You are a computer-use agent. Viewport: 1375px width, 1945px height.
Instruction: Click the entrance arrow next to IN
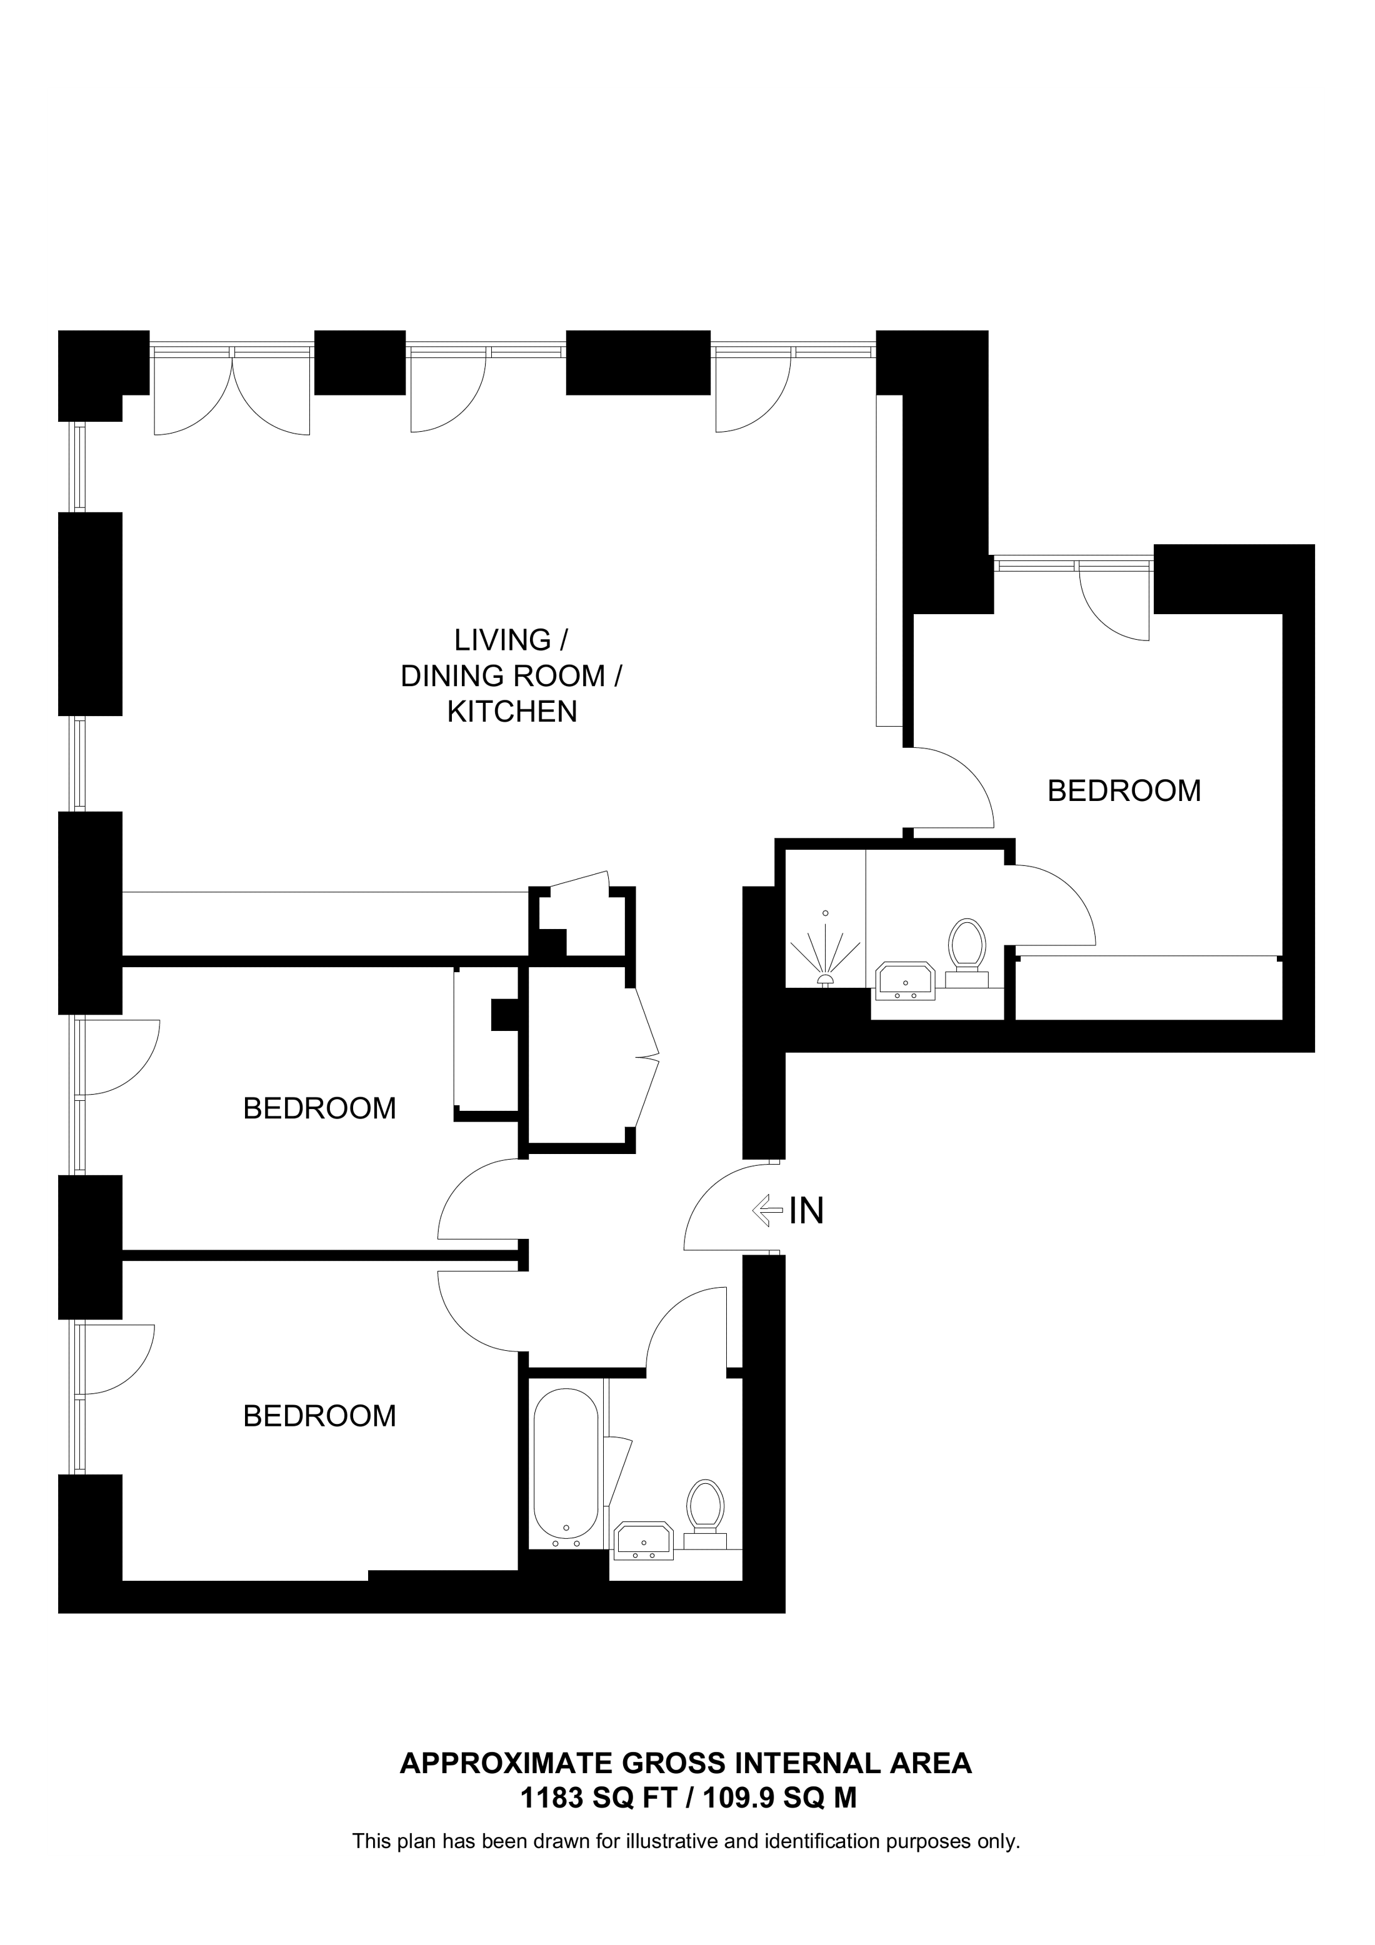pos(767,1210)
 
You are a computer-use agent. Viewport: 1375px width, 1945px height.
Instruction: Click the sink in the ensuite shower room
pos(906,980)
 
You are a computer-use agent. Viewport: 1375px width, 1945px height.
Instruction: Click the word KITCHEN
pos(512,712)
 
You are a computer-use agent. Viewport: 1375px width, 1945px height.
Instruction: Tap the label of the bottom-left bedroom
pos(319,1416)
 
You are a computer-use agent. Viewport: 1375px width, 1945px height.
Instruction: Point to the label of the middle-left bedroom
pos(319,1108)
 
